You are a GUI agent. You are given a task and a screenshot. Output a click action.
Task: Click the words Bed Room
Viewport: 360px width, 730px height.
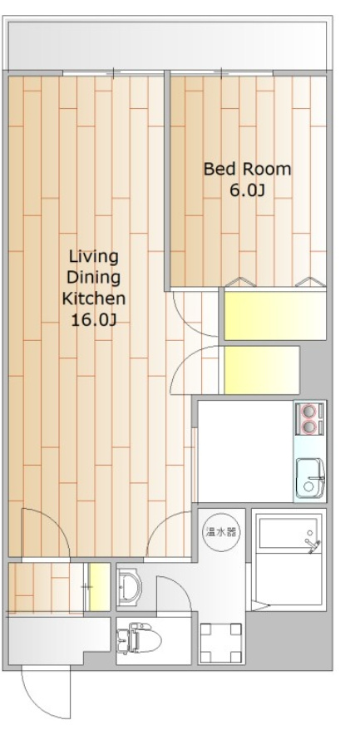tap(247, 169)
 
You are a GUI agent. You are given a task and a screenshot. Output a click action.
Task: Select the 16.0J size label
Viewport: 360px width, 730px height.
tap(93, 320)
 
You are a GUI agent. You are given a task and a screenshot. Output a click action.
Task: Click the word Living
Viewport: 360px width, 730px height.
tap(94, 257)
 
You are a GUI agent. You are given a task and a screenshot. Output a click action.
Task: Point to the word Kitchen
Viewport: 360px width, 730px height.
tap(94, 298)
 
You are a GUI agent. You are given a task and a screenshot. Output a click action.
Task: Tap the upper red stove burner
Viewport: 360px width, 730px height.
tap(308, 412)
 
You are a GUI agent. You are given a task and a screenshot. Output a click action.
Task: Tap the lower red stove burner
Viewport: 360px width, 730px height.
tap(308, 426)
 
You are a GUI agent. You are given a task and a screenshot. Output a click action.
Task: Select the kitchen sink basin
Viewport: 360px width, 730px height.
tap(310, 478)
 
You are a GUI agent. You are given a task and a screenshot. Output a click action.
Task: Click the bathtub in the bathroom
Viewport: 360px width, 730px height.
tap(288, 531)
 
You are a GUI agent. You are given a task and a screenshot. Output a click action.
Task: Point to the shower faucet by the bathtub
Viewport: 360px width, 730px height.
tap(313, 546)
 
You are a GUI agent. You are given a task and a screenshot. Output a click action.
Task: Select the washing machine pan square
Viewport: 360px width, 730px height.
tap(221, 643)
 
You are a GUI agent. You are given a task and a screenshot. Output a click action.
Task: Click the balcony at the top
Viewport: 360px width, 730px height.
tap(167, 45)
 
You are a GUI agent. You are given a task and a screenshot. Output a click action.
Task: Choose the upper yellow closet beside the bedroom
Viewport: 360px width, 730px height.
tap(274, 315)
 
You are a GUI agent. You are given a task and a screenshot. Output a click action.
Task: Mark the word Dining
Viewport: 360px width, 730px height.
tap(94, 279)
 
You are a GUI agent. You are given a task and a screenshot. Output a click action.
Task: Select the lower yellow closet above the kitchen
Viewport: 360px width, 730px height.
tap(262, 370)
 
